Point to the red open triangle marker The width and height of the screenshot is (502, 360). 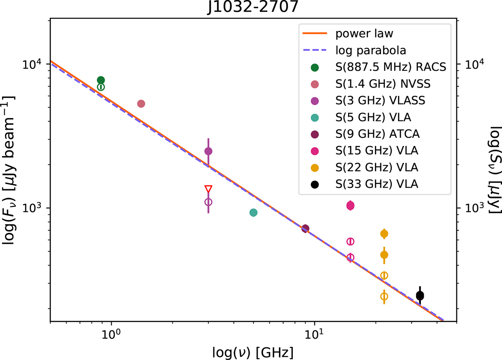tap(208, 189)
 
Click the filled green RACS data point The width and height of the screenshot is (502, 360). tap(101, 80)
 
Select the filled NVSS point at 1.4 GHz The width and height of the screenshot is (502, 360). tap(141, 103)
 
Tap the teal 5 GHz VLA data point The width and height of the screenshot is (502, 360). tap(253, 213)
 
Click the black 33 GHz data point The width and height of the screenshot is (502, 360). tap(420, 296)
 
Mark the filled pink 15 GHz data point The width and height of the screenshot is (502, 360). tap(351, 205)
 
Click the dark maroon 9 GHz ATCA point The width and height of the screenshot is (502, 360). tap(305, 228)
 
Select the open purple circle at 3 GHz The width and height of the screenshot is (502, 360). tap(208, 202)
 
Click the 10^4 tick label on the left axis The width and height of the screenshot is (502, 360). tap(32, 64)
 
